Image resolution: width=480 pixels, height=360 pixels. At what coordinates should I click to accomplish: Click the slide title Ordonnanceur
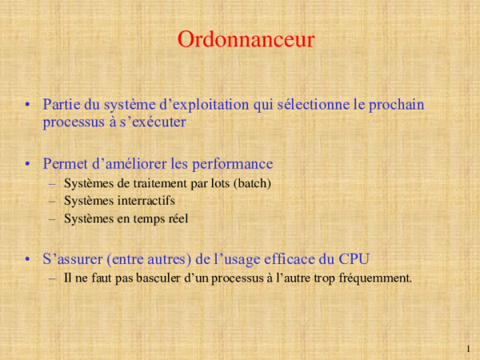246,40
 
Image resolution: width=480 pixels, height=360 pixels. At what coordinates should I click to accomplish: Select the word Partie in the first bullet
61,104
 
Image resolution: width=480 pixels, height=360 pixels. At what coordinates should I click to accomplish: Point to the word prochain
398,104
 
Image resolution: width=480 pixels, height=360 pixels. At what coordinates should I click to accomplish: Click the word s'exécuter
151,122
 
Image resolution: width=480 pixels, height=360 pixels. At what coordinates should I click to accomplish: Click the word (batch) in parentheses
252,183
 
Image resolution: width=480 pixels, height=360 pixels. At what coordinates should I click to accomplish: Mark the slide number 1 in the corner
467,349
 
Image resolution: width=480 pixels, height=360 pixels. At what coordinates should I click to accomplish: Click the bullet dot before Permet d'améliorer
28,165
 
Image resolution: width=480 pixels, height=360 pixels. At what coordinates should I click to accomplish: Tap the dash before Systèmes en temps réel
53,218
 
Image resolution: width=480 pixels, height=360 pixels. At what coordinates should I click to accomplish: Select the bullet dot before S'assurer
28,259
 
